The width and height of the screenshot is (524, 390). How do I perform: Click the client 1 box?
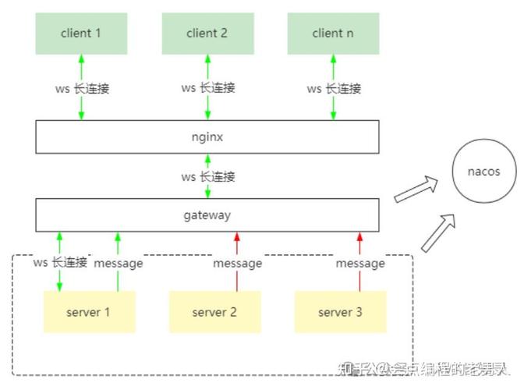pos(81,34)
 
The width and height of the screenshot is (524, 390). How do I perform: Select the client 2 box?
pos(207,34)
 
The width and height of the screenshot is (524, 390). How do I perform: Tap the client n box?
pos(333,34)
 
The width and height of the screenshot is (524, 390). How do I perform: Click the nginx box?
pos(207,136)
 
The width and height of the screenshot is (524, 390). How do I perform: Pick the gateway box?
pos(207,214)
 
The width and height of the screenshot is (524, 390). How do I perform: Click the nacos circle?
pos(483,172)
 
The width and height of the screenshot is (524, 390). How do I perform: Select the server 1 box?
pos(89,312)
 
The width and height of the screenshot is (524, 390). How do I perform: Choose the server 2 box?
pos(214,312)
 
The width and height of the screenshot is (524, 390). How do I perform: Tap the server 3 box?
pos(340,312)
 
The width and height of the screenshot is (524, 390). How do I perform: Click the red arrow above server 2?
pos(237,243)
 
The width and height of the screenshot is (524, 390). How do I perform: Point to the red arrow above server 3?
pos(359,243)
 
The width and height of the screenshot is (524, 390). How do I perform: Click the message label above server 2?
pos(237,264)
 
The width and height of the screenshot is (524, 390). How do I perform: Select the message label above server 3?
pos(359,264)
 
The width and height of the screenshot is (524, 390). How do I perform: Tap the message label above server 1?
pos(119,264)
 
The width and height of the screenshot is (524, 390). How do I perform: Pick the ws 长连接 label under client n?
pos(334,88)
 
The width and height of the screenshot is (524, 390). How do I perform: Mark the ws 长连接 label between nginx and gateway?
pos(207,176)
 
